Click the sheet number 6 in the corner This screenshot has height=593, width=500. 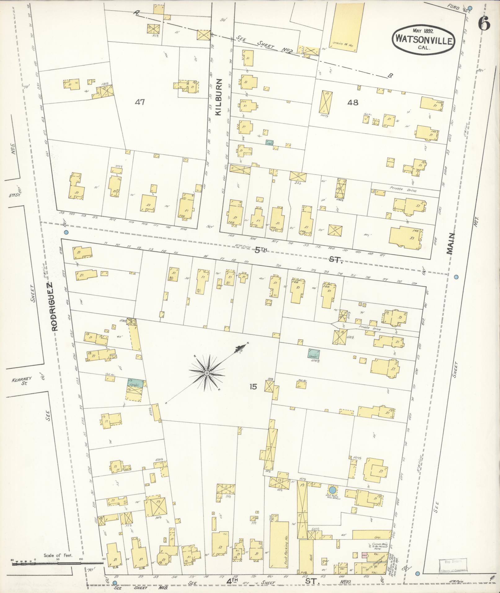(x=484, y=23)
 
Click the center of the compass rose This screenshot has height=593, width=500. (x=206, y=373)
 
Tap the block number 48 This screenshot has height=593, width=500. (x=353, y=102)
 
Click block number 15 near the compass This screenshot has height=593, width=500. (x=253, y=387)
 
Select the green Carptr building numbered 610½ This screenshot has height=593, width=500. (x=314, y=353)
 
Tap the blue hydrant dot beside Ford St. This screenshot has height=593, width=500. (x=470, y=8)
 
